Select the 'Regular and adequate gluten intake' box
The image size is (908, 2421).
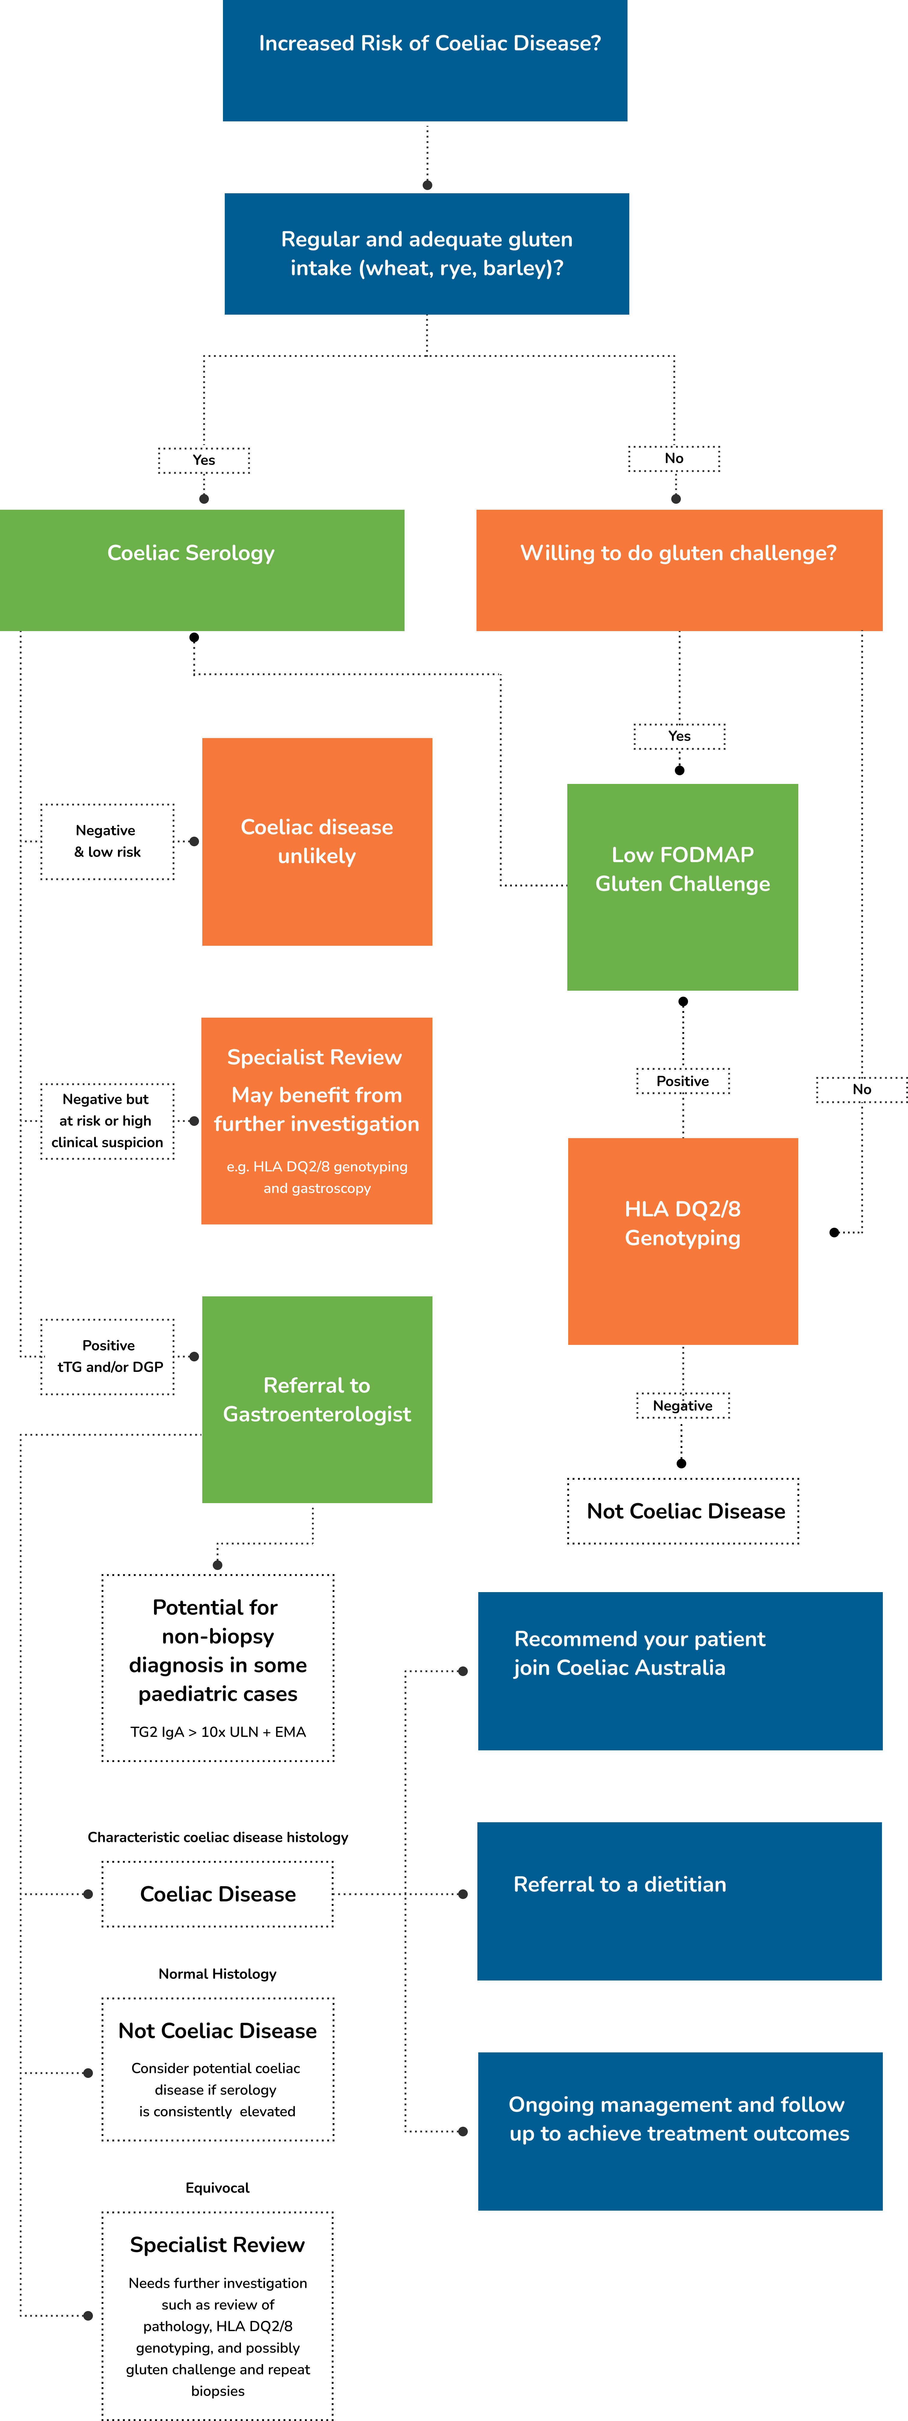pyautogui.click(x=427, y=254)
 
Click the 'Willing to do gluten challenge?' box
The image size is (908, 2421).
pyautogui.click(x=679, y=570)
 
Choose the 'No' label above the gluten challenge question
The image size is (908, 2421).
pyautogui.click(x=674, y=458)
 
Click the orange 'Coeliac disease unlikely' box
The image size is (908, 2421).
pyautogui.click(x=317, y=841)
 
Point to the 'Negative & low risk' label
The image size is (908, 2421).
pyautogui.click(x=107, y=841)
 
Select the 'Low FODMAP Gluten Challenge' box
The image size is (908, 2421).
pyautogui.click(x=682, y=886)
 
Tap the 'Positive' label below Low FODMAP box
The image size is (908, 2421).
pyautogui.click(x=682, y=1081)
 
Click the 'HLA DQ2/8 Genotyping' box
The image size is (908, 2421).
pyautogui.click(x=682, y=1241)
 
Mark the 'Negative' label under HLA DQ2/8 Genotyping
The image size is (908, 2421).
pyautogui.click(x=682, y=1405)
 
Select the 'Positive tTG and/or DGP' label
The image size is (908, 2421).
pyautogui.click(x=108, y=1356)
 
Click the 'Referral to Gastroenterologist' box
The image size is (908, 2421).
pyautogui.click(x=317, y=1399)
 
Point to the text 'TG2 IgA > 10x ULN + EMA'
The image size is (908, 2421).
pyautogui.click(x=218, y=1731)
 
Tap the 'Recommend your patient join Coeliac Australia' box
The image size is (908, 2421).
pyautogui.click(x=680, y=1670)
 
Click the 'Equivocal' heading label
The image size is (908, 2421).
pyautogui.click(x=217, y=2187)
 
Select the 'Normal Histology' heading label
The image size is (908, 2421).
pyautogui.click(x=217, y=1974)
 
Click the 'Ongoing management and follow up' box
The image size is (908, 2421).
pyautogui.click(x=680, y=2131)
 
